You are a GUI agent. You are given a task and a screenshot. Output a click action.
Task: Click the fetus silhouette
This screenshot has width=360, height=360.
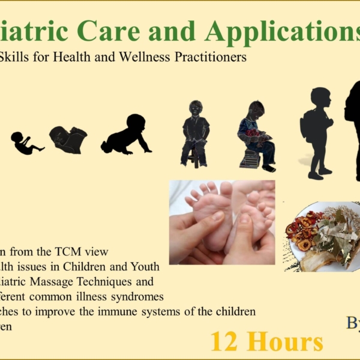click(25, 142)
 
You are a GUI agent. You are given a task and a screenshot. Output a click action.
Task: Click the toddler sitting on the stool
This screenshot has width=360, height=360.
click(195, 132)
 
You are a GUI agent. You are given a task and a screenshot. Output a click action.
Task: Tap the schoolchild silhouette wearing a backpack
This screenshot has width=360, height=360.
click(316, 132)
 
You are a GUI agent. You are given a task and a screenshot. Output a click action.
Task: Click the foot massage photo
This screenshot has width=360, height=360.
click(221, 222)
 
